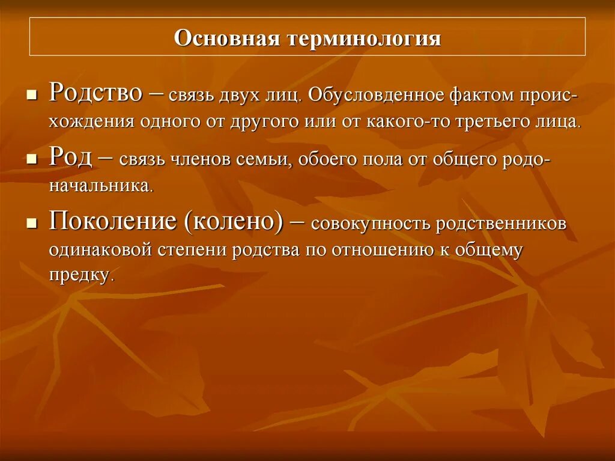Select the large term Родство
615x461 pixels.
[x=95, y=93]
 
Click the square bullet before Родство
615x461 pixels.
[x=32, y=95]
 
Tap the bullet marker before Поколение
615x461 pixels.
[x=32, y=224]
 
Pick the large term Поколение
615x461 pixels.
[x=112, y=222]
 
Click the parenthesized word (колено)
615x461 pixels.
[x=234, y=222]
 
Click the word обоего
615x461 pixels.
[x=325, y=160]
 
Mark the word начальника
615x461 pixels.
[x=100, y=186]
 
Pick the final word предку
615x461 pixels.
[x=80, y=276]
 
